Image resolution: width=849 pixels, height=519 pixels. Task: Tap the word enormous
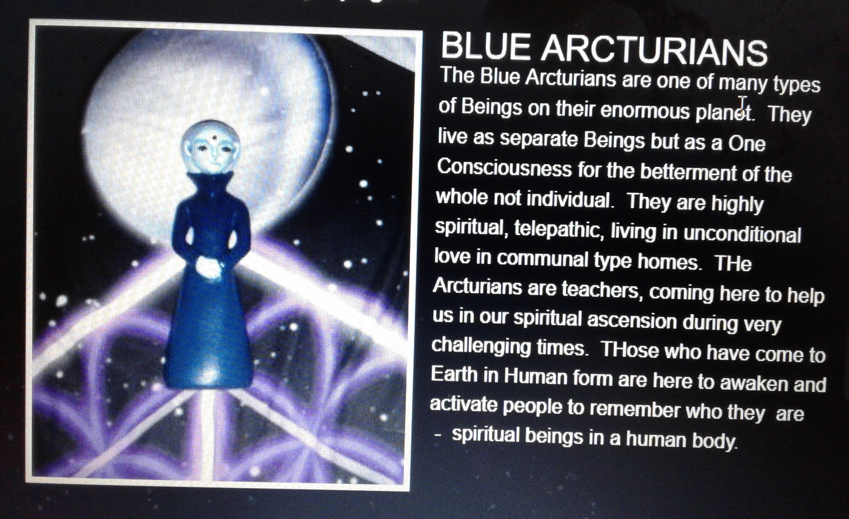(x=644, y=110)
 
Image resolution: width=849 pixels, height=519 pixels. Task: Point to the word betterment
(x=688, y=173)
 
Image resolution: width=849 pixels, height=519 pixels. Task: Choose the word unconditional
(x=742, y=234)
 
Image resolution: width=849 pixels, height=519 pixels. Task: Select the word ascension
(x=631, y=321)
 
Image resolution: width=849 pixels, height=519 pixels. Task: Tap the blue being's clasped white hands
(x=209, y=267)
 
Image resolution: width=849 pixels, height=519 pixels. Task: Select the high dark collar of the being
(x=210, y=182)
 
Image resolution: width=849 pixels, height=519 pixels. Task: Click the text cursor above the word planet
(x=743, y=103)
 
